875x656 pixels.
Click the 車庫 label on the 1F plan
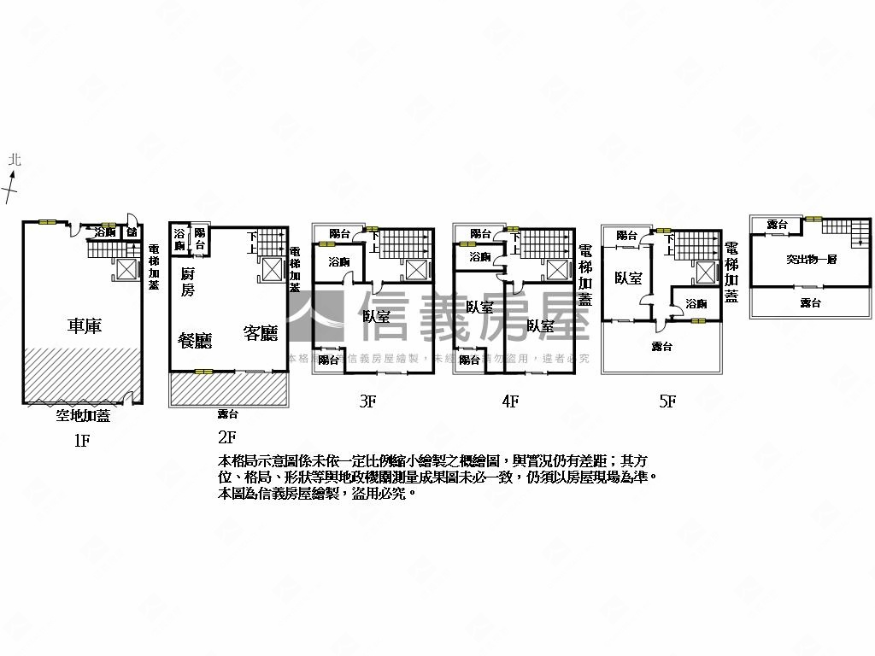[85, 325]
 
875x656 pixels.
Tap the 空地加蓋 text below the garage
[83, 416]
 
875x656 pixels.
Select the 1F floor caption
[82, 441]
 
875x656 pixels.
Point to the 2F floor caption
[226, 436]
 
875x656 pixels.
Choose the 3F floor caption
[367, 401]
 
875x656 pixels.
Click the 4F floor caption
[510, 401]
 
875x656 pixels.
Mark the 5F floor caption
[668, 401]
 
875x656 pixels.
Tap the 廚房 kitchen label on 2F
[188, 282]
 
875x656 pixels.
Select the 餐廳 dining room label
[195, 339]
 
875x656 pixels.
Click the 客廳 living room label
[261, 332]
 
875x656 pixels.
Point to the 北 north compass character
[14, 160]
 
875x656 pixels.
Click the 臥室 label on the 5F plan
[628, 278]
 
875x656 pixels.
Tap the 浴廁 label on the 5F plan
[696, 303]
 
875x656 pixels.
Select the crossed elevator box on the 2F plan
[271, 268]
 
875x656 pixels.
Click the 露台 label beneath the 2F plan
[227, 414]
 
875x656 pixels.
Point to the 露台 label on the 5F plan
[661, 346]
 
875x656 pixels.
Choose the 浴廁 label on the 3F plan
[338, 261]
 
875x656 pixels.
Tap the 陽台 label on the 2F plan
[200, 238]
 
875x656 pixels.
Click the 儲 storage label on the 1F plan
[132, 231]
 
